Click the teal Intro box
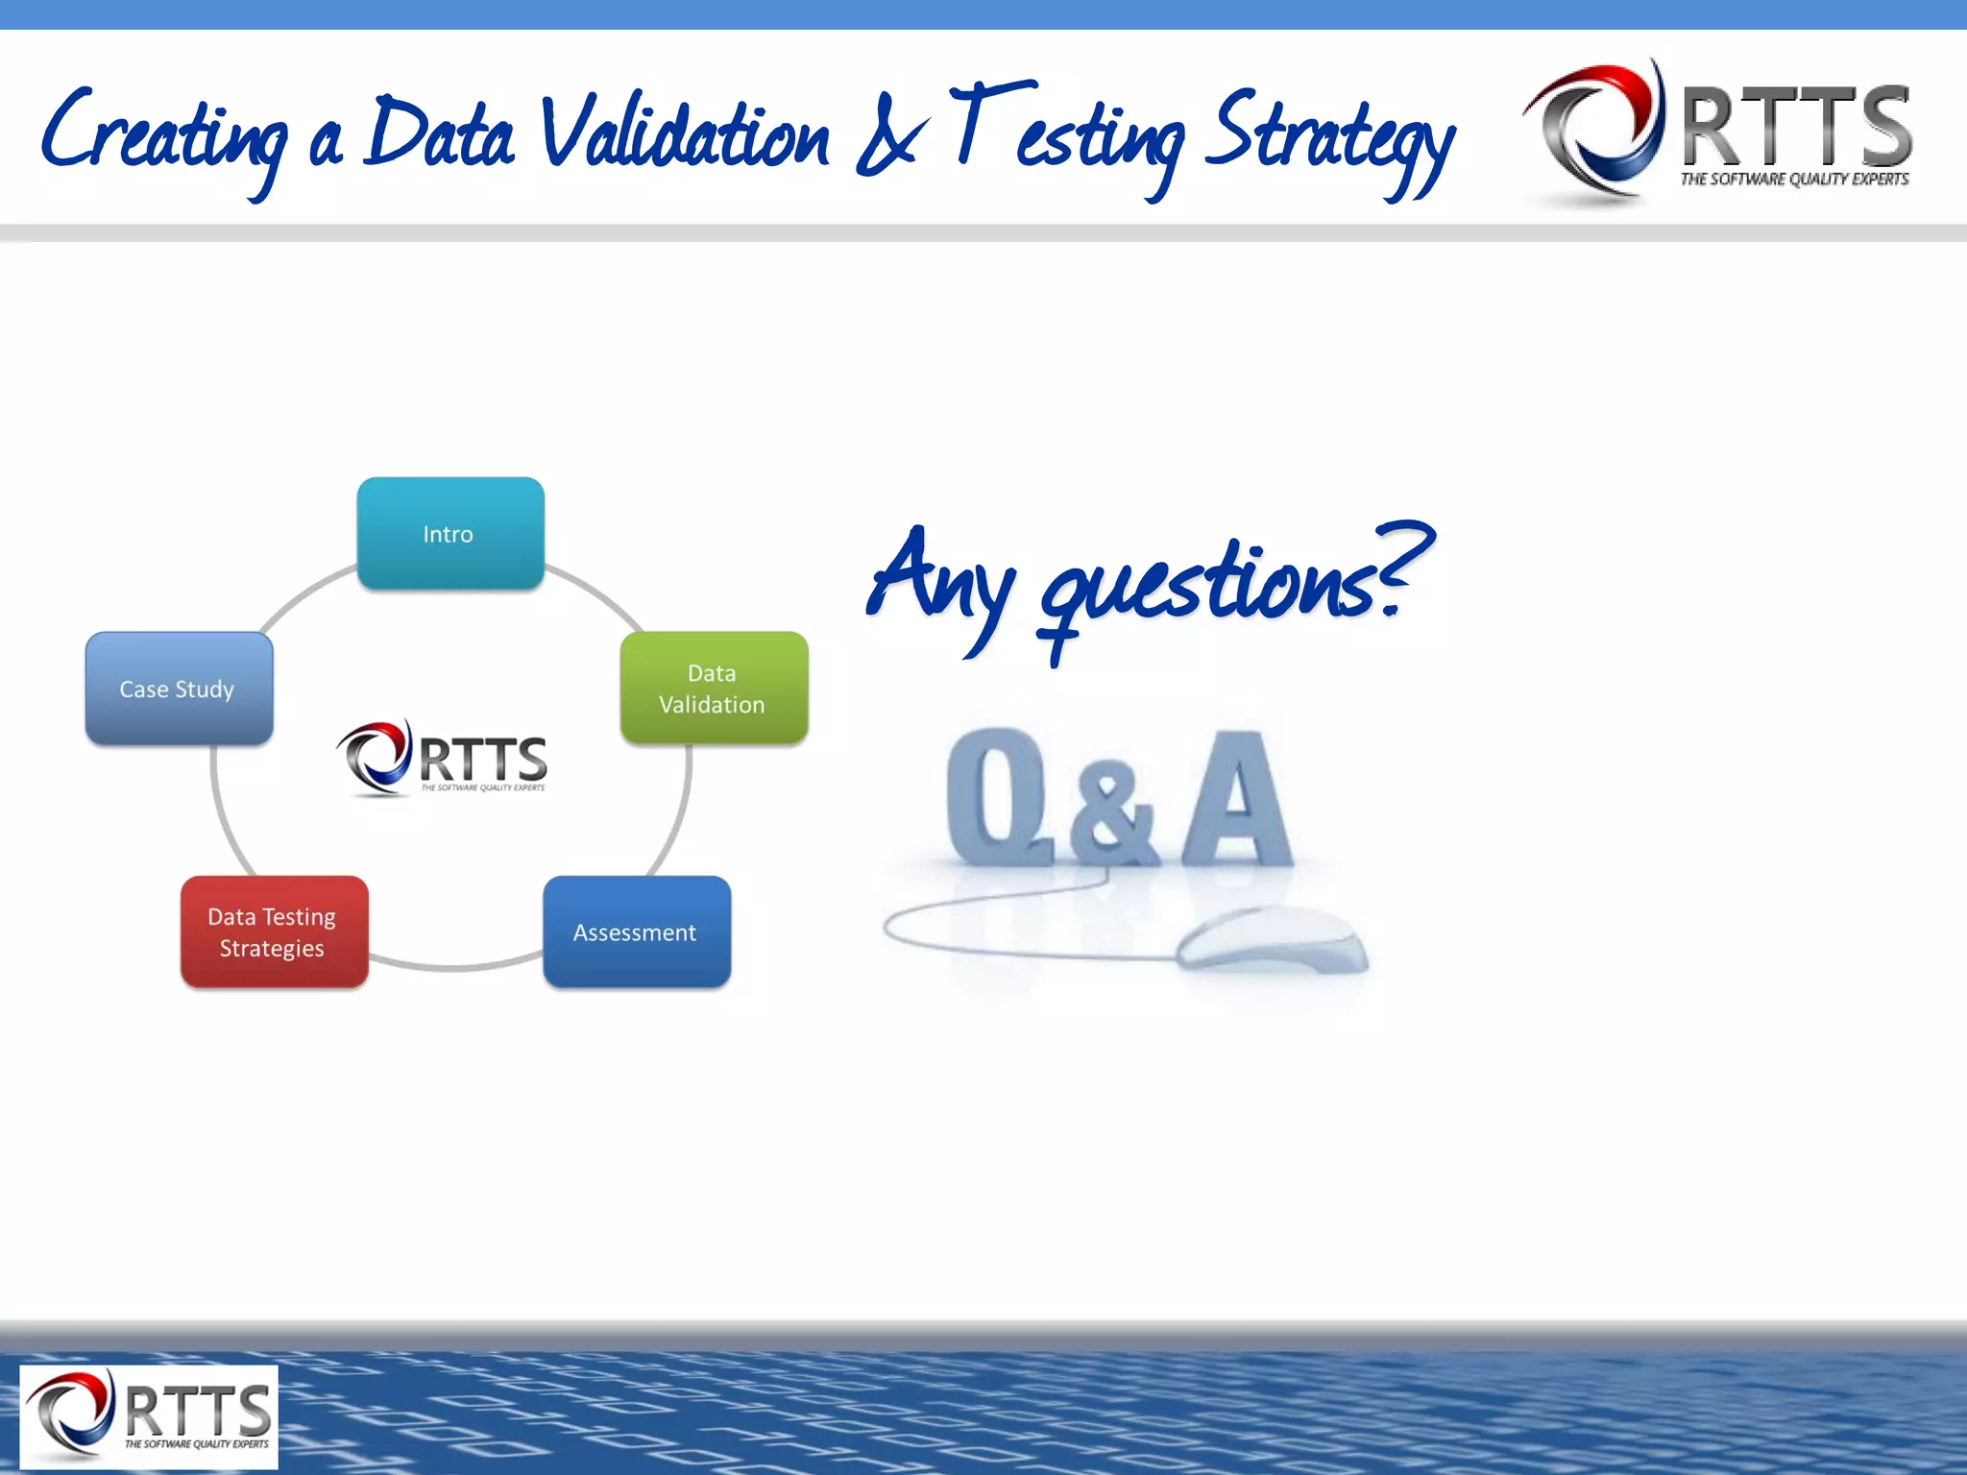point(450,534)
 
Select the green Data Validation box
point(714,689)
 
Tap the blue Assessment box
point(637,932)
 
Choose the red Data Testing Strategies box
point(274,932)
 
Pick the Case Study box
point(179,689)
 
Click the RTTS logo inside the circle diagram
point(443,759)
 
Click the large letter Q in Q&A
point(999,797)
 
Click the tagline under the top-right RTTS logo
point(1794,180)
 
